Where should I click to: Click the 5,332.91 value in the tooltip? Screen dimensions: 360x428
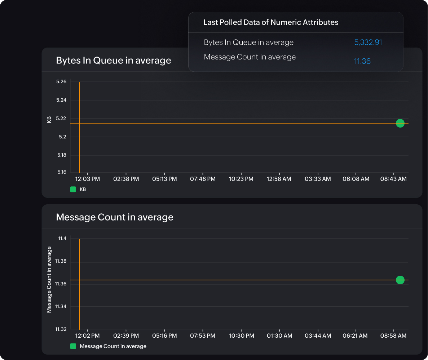coord(368,43)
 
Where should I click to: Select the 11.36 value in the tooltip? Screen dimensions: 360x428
coord(362,61)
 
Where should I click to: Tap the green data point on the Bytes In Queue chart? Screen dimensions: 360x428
coord(400,123)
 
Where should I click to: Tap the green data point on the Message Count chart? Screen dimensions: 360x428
coord(400,280)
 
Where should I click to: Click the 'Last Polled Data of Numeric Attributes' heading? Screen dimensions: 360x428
coord(271,22)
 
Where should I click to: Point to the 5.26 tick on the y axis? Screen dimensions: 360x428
coord(61,82)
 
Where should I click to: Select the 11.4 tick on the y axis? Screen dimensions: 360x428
coord(62,239)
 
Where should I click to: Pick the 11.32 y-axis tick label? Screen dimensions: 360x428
coord(61,329)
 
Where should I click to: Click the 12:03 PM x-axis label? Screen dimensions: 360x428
coord(87,179)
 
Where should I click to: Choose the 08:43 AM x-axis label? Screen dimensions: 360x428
coord(393,179)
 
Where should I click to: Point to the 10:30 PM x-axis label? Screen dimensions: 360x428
coord(241,335)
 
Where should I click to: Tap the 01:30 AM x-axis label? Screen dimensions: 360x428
coord(279,335)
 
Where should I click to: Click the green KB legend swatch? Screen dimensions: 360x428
coord(73,189)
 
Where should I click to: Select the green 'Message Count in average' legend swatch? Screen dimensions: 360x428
coord(73,346)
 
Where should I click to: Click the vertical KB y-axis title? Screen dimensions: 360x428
coord(49,120)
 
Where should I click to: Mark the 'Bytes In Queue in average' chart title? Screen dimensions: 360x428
coord(114,60)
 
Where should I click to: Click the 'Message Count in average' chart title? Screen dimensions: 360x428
coord(115,217)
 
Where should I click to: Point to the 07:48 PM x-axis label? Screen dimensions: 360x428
coord(203,179)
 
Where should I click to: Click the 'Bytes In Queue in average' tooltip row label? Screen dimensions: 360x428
coord(249,43)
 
